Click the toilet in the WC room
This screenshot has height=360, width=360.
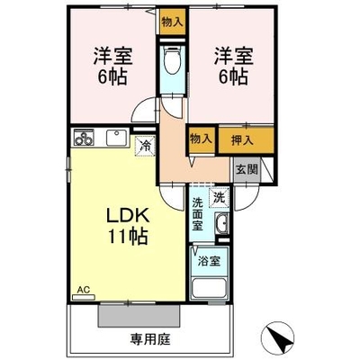[172, 58]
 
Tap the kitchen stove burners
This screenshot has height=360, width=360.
[84, 138]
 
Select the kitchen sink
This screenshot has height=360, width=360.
[117, 138]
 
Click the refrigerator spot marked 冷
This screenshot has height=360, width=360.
[145, 146]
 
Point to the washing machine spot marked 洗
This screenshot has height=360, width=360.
[220, 197]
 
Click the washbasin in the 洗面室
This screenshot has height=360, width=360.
[222, 223]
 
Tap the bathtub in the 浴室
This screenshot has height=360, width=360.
[209, 288]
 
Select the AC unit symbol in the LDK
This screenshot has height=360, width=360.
[84, 297]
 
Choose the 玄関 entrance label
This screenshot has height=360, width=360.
[247, 170]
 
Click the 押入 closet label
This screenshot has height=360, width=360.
[242, 140]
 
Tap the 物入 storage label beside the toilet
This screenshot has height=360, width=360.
[172, 22]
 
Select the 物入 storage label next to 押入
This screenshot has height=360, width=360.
[201, 139]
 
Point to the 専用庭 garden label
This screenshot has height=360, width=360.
[150, 339]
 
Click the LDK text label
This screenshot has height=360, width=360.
[128, 216]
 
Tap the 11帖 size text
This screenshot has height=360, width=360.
[128, 237]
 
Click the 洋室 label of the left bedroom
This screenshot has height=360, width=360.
[113, 56]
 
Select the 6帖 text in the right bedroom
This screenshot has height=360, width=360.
[233, 76]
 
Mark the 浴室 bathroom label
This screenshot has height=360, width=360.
[209, 261]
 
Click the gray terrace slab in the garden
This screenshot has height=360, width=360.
[139, 316]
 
